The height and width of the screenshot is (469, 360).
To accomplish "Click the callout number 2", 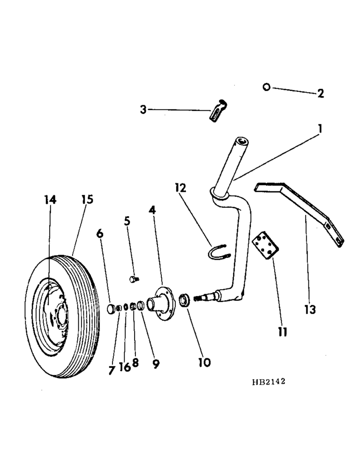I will click(x=321, y=93).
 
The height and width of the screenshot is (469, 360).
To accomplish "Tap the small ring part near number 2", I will click(x=266, y=87).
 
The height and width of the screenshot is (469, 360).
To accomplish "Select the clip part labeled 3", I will click(x=217, y=111).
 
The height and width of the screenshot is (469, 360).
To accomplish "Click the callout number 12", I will click(x=180, y=188).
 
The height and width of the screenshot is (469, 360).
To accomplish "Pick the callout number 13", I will click(x=310, y=310).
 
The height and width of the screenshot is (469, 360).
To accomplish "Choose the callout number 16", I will click(x=125, y=367).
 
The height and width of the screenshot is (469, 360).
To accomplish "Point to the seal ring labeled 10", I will click(x=185, y=300).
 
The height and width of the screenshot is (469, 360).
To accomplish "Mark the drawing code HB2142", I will click(x=268, y=382).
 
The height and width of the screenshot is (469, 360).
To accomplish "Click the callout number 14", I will click(x=50, y=200).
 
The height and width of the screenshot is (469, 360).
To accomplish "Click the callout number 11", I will click(x=281, y=332).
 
